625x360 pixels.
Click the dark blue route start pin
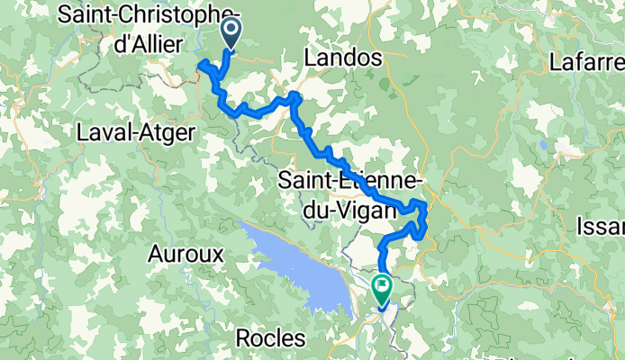coord(231,34)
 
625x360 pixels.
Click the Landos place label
coord(345,58)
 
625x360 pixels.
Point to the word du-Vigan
coord(349,210)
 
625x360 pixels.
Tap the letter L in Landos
coord(312,58)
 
